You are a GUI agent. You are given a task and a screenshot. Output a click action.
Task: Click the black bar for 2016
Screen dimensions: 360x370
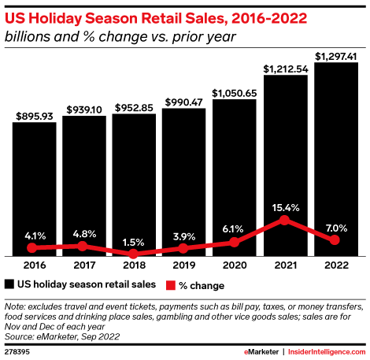point(35,189)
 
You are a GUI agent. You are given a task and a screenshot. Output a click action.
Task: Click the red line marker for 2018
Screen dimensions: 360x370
point(135,254)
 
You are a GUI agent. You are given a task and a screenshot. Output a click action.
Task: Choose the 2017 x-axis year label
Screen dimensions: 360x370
point(85,266)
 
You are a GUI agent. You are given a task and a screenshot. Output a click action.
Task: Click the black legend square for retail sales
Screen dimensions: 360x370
point(9,284)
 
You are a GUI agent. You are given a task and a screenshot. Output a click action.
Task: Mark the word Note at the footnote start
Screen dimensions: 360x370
point(15,306)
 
